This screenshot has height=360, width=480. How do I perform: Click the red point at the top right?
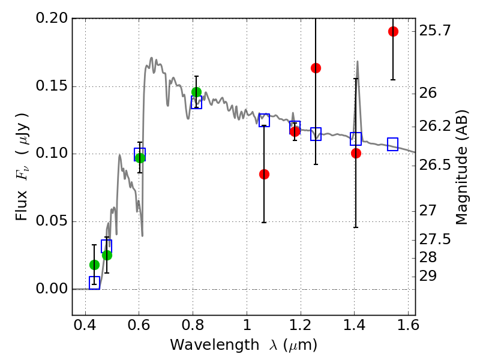(393, 31)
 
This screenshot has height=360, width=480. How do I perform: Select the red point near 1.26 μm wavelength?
(316, 68)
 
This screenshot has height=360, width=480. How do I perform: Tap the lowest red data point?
(264, 174)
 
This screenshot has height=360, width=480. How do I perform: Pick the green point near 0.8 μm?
(196, 92)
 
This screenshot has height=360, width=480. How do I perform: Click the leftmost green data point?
(94, 265)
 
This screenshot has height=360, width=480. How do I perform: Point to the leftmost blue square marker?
(94, 283)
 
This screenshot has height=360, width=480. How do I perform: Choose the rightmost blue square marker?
(393, 144)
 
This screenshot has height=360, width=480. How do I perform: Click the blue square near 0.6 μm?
(140, 154)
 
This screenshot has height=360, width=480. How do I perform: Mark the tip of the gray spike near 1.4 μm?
(358, 61)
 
